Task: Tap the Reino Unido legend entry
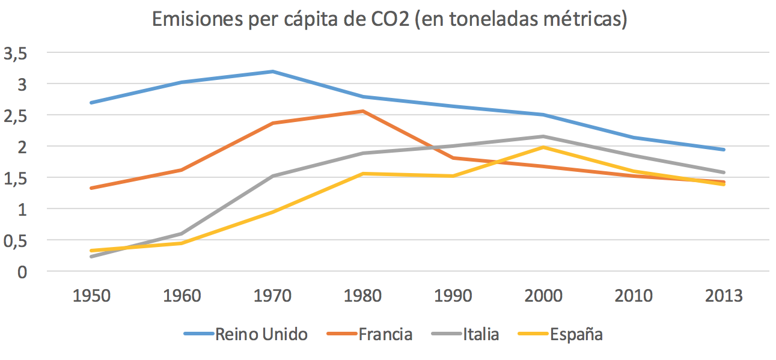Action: point(261,334)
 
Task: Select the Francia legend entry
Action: point(385,334)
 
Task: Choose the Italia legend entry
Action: point(481,334)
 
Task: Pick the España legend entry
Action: point(576,334)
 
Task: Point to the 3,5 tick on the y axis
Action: point(16,53)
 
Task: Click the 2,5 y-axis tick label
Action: point(16,116)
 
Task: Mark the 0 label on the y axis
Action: point(23,272)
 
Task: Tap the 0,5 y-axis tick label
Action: point(16,241)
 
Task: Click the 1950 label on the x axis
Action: point(91,296)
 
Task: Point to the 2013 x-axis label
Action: point(724,296)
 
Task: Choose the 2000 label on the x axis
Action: point(543,296)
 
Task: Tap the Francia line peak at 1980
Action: point(362,111)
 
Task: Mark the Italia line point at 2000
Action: point(543,136)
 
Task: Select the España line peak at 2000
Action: point(543,147)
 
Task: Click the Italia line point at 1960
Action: point(182,234)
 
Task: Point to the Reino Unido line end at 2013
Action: point(724,150)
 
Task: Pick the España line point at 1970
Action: point(272,212)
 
